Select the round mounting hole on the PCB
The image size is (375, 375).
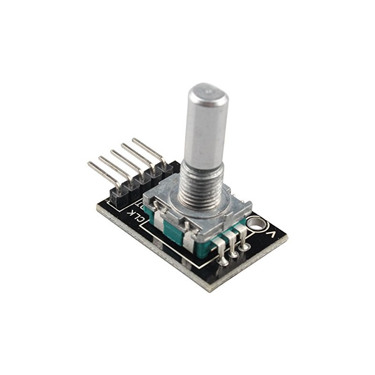point(256,224)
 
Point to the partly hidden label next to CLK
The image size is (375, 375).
point(141,205)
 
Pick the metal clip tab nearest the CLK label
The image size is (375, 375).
point(158,220)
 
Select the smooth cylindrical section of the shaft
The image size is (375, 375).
point(205,127)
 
